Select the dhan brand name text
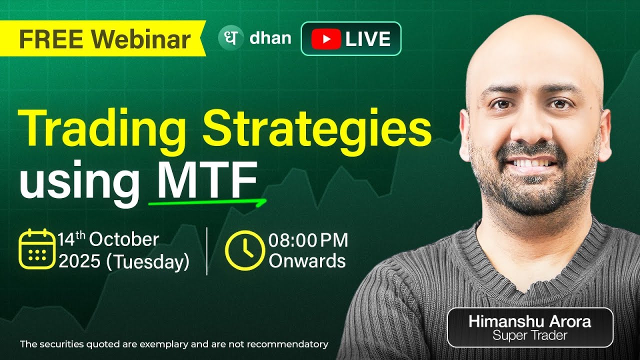pyautogui.click(x=270, y=38)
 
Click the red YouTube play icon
pyautogui.click(x=325, y=38)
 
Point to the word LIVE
pyautogui.click(x=367, y=39)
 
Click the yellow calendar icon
pyautogui.click(x=36, y=249)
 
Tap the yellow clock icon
pyautogui.click(x=244, y=250)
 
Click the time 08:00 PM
pyautogui.click(x=308, y=240)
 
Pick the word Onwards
pyautogui.click(x=307, y=261)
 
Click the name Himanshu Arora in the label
pyautogui.click(x=529, y=321)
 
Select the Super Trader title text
pyautogui.click(x=529, y=335)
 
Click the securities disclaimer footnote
pyautogui.click(x=174, y=344)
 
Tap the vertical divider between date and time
pyautogui.click(x=207, y=250)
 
